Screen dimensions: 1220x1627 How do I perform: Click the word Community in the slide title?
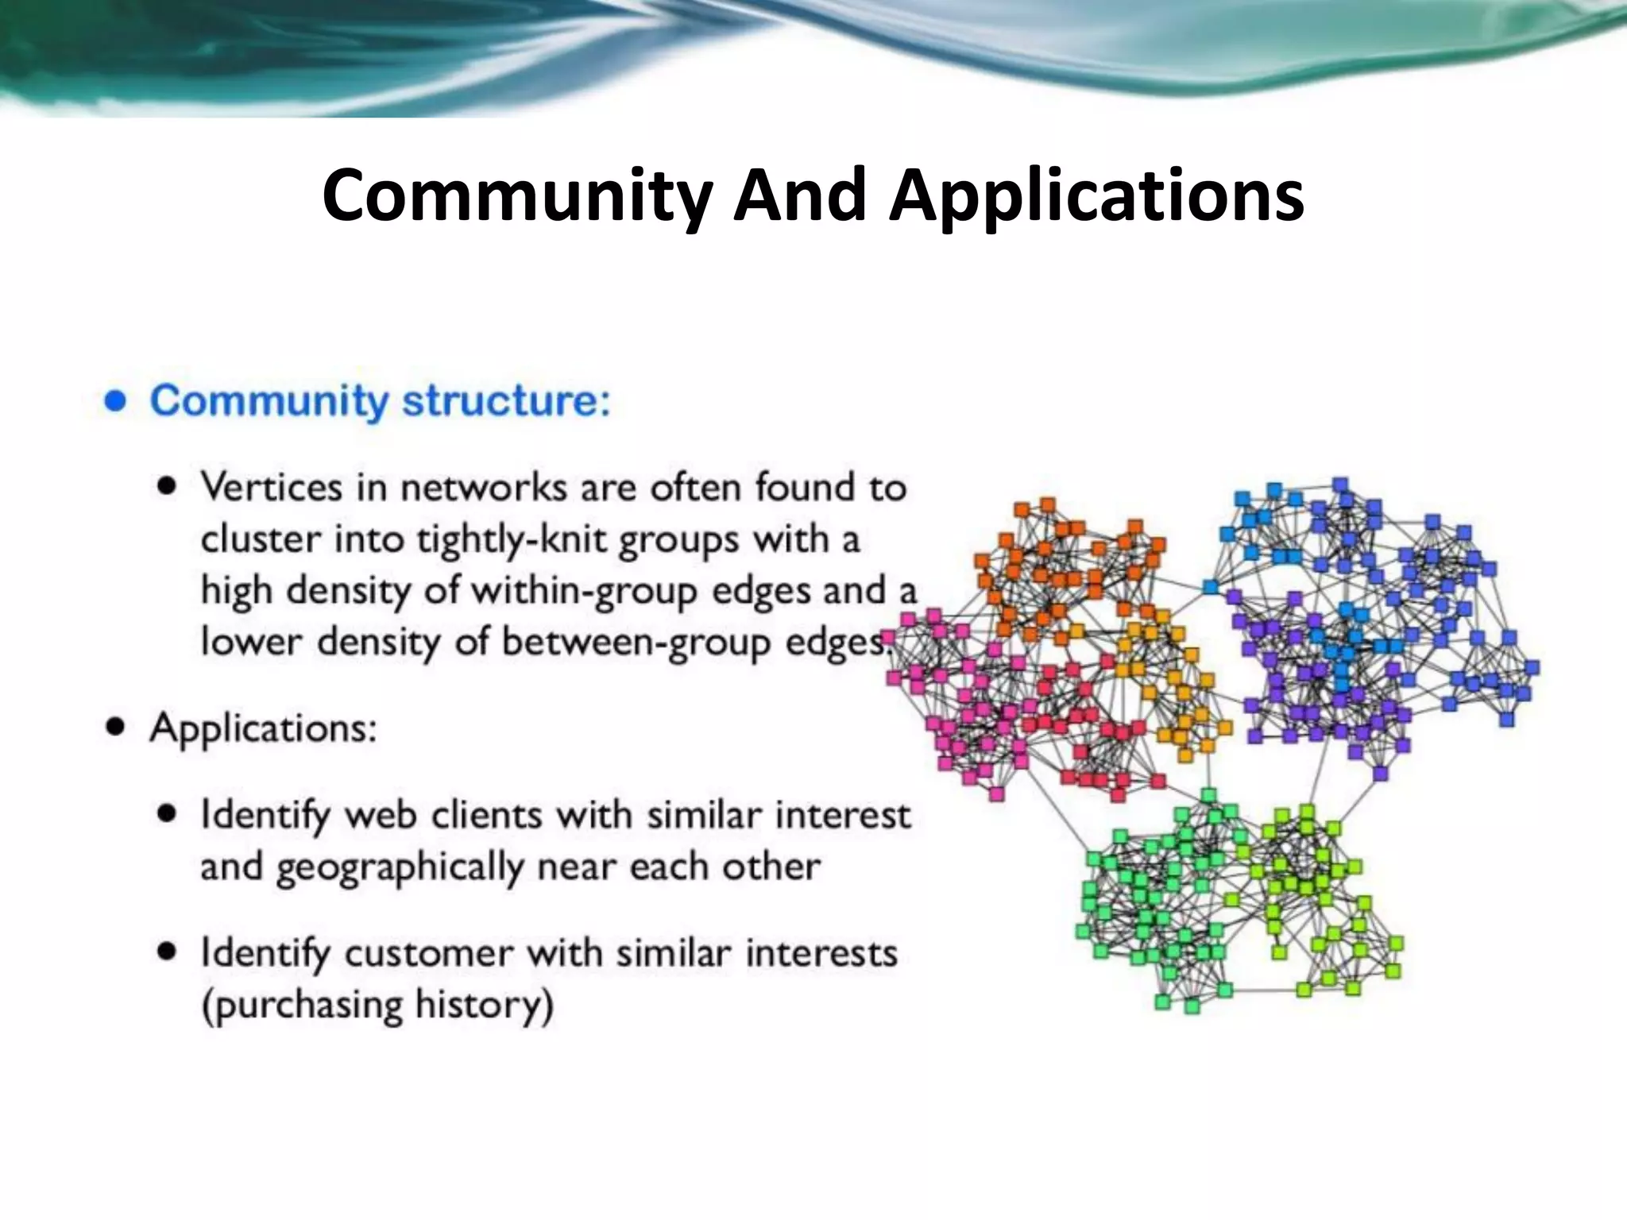[x=517, y=195]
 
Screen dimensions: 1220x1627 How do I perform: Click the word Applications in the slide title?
[x=1096, y=197]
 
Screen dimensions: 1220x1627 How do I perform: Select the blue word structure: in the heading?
[x=507, y=400]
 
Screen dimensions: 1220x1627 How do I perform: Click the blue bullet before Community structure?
[x=116, y=401]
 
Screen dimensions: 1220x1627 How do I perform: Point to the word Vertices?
[x=271, y=487]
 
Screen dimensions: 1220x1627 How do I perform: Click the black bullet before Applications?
[x=116, y=727]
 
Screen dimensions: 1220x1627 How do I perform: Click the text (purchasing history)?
[x=377, y=1006]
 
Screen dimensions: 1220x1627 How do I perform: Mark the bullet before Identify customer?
[x=167, y=951]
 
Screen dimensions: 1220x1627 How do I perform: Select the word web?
[x=381, y=816]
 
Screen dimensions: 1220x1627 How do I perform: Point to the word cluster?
[x=261, y=540]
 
